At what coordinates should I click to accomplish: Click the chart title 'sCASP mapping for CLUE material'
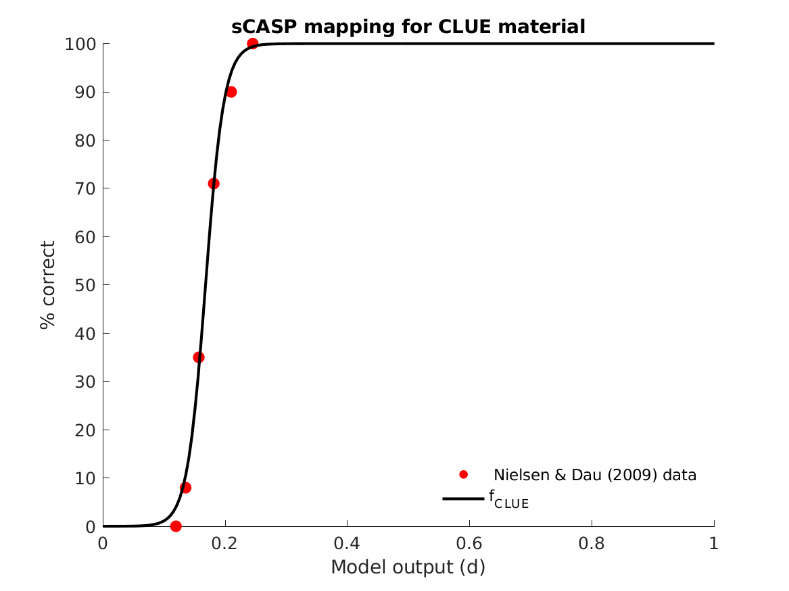408,27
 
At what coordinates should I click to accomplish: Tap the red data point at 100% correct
252,44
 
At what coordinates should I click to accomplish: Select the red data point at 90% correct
231,92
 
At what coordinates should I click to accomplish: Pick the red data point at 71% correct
214,184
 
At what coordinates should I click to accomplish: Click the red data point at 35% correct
199,357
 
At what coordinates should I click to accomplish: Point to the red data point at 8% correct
186,488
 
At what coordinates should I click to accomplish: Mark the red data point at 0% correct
176,526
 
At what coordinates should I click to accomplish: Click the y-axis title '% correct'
47,285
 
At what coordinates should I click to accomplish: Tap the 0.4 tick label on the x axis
347,543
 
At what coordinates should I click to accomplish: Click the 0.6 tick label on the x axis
469,543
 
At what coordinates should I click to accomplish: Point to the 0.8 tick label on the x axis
592,543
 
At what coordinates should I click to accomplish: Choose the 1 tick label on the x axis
714,543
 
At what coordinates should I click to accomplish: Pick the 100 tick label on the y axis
79,44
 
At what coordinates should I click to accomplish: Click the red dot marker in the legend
463,474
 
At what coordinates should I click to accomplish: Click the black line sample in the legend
463,498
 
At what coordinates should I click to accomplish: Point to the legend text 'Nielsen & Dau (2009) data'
595,475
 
